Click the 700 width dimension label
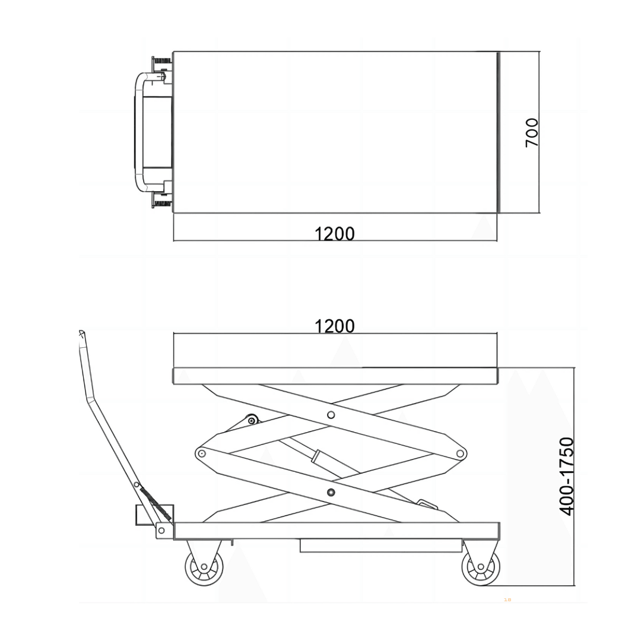[x=532, y=132]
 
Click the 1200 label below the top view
[x=334, y=234]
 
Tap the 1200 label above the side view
[x=334, y=326]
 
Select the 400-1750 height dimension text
[x=567, y=476]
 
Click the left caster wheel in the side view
[x=204, y=567]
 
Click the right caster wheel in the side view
[x=481, y=567]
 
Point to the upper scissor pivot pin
[x=331, y=415]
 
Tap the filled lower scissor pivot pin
[x=331, y=493]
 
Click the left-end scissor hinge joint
[x=201, y=453]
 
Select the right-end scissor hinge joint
[x=461, y=453]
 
